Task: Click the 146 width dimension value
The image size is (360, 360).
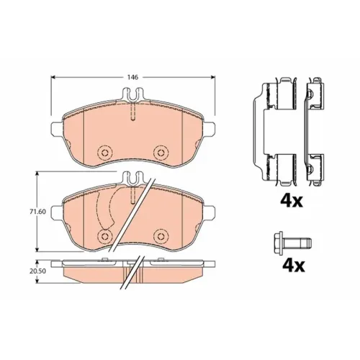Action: coord(132,77)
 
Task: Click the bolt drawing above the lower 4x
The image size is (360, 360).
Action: coord(292,243)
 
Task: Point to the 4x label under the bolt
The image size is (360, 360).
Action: coord(294,265)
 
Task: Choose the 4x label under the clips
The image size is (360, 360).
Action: coord(292,201)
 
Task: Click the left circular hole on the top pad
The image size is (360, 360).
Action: coord(105,153)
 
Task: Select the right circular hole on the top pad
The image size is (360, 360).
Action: coord(161,153)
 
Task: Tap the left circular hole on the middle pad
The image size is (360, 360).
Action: coord(105,235)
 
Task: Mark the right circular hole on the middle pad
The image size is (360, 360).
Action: coord(161,235)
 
